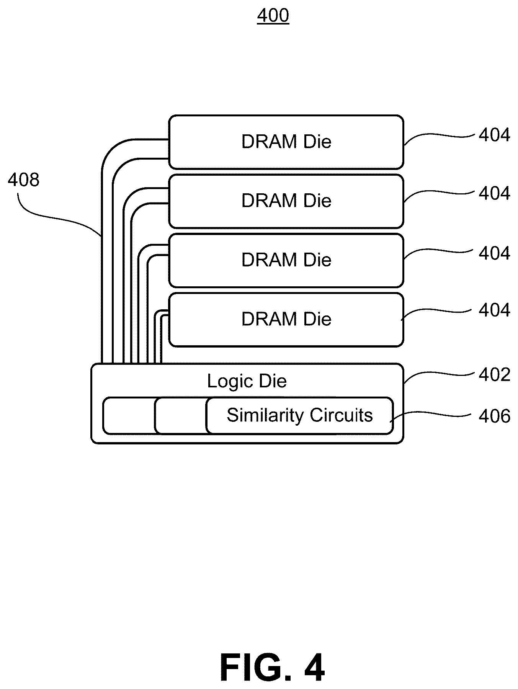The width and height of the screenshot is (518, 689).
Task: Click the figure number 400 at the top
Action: (273, 16)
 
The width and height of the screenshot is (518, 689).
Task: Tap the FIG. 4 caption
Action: (273, 668)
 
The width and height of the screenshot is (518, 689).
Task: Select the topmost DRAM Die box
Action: (286, 142)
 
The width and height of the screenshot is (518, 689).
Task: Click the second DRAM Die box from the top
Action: (286, 201)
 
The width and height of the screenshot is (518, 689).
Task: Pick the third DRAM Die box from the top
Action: (286, 260)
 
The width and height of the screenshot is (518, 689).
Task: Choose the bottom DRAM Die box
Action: (286, 320)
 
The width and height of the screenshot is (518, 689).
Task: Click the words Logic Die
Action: (247, 381)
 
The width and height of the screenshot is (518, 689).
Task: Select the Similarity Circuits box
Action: (299, 416)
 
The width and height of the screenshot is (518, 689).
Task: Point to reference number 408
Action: (23, 180)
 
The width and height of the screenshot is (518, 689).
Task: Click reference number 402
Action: (494, 374)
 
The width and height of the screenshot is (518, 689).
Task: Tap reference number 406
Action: (494, 416)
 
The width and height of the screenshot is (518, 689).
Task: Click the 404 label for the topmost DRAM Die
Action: (494, 135)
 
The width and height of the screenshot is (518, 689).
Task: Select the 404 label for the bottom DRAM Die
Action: (494, 310)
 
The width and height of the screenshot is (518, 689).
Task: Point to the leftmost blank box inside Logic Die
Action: (129, 416)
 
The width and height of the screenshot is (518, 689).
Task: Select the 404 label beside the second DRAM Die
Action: (494, 194)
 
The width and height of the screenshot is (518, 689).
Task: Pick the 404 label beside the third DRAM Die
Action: (494, 253)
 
